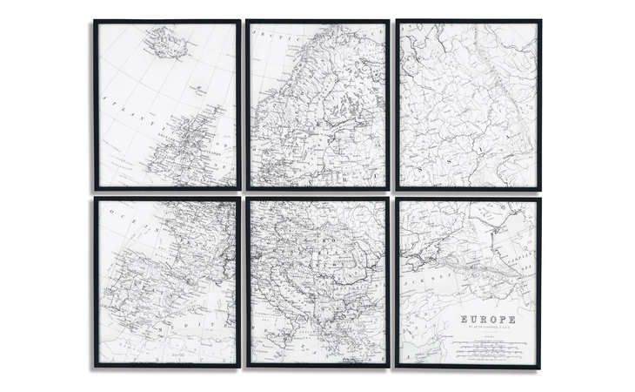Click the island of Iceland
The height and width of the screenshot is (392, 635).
(168, 42)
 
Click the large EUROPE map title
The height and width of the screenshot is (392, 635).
(487, 320)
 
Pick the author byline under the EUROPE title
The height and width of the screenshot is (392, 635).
(487, 328)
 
